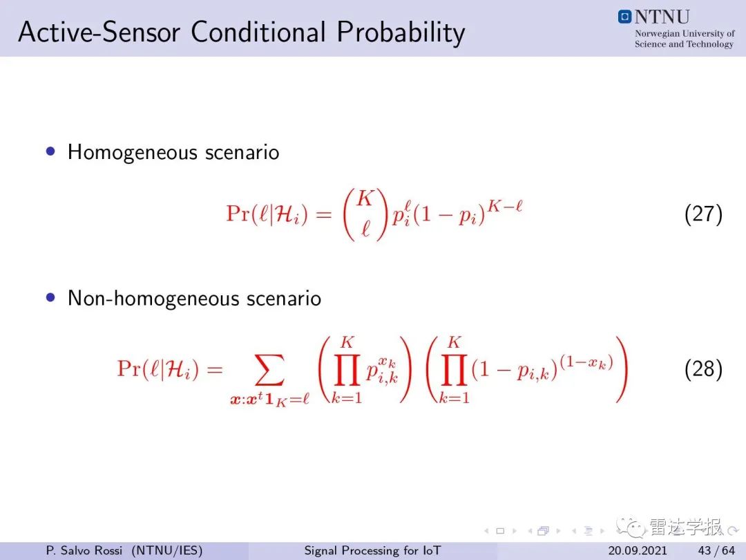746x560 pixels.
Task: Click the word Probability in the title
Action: (401, 33)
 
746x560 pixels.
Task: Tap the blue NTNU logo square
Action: (624, 17)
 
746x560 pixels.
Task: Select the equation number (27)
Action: (703, 214)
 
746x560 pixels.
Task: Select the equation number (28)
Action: (703, 369)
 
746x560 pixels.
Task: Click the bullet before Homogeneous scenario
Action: (50, 151)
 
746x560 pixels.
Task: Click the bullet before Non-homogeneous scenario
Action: (50, 297)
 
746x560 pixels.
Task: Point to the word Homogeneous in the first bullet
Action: (132, 153)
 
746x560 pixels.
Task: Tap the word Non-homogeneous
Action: (153, 299)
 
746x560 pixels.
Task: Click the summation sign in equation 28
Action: (270, 370)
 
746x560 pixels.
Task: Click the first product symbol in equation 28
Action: (346, 369)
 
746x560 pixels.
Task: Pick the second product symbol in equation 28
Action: (454, 369)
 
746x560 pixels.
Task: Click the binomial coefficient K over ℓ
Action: (365, 214)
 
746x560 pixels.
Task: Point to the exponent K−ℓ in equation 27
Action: (505, 206)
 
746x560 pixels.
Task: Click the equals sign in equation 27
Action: (323, 214)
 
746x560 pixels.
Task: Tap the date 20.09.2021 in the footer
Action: (637, 550)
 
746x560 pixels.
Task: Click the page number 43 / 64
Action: (716, 550)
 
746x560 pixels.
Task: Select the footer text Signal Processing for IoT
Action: (372, 550)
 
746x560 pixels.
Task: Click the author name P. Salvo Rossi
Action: (84, 550)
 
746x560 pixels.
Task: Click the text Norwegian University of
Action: (685, 33)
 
